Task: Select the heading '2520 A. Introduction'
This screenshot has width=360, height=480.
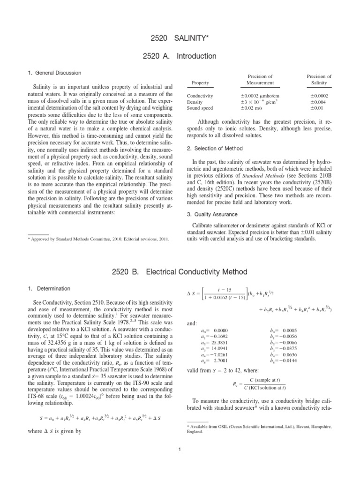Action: [x=180, y=56]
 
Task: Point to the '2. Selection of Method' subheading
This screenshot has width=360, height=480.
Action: [x=214, y=148]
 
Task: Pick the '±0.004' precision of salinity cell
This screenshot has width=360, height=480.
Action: [x=319, y=102]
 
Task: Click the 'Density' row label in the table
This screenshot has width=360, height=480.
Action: [x=195, y=102]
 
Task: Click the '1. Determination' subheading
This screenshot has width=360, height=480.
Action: [x=46, y=288]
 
